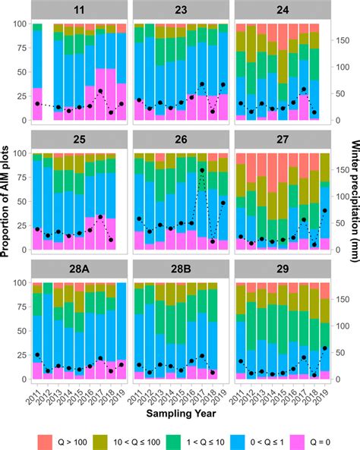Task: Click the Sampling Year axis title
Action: pos(181,414)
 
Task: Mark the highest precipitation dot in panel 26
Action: pos(202,171)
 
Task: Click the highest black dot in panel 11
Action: pos(100,91)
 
